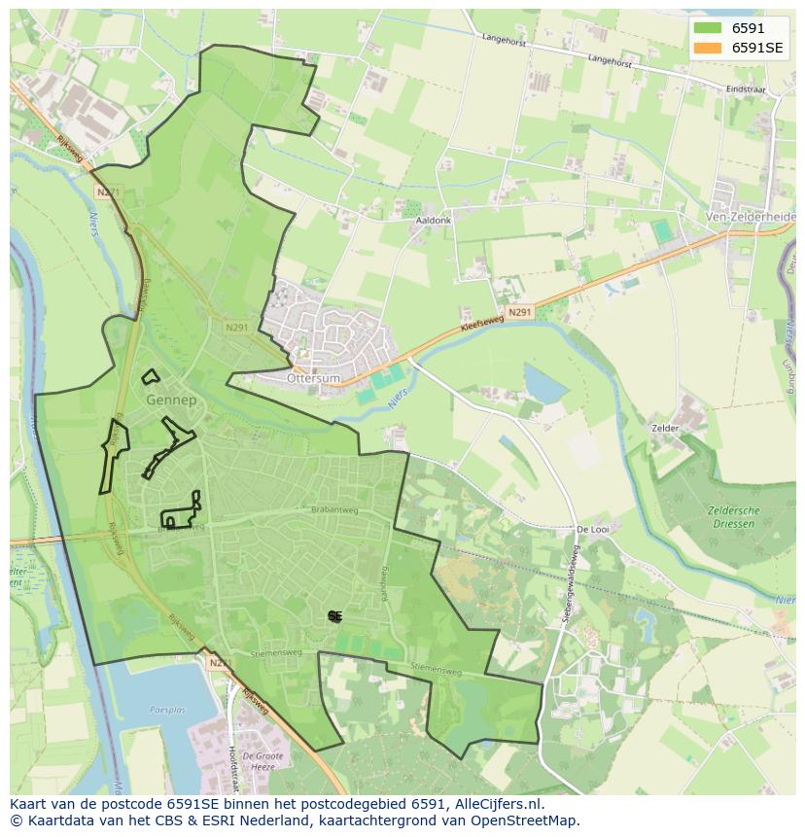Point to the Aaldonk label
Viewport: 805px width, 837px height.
tap(434, 221)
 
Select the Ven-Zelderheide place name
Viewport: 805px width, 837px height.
tap(750, 217)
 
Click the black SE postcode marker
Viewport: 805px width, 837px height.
tap(334, 616)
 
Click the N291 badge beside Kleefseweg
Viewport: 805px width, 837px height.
tap(519, 312)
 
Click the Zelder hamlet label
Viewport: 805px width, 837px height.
tap(666, 428)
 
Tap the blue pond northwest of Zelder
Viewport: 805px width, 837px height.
tap(544, 384)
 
